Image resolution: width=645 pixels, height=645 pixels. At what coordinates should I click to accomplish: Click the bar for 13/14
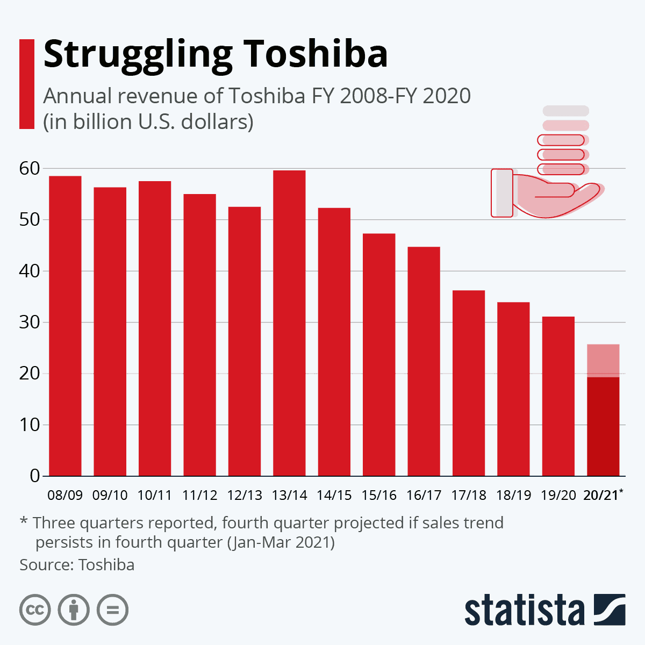click(x=289, y=323)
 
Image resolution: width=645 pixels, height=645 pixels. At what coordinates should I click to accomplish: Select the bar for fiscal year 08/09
click(x=65, y=326)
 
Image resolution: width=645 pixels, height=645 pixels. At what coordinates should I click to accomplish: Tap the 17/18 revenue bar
click(x=469, y=383)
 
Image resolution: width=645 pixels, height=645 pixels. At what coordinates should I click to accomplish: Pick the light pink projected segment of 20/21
click(x=603, y=360)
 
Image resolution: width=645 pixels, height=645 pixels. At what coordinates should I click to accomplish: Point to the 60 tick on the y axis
click(x=30, y=169)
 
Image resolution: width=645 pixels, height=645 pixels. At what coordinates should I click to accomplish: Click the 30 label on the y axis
click(x=30, y=322)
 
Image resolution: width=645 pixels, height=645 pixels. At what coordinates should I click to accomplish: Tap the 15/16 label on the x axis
click(x=379, y=495)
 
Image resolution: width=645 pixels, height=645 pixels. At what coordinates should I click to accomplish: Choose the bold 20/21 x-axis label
click(x=601, y=495)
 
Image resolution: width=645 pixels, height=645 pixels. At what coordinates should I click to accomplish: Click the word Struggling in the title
click(x=138, y=55)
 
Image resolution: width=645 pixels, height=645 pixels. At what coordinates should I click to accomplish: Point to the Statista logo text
click(x=524, y=611)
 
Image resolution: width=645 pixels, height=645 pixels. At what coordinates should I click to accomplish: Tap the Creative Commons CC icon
click(x=35, y=610)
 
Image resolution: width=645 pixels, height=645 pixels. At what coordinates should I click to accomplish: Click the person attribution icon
click(x=74, y=610)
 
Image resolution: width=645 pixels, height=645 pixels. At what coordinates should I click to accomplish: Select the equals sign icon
click(x=112, y=610)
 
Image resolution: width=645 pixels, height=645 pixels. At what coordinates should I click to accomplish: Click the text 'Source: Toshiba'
click(x=77, y=565)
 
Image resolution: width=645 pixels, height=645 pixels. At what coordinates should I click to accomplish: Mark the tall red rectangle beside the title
click(x=27, y=84)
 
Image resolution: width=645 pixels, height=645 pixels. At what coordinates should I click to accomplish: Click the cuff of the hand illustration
click(x=503, y=193)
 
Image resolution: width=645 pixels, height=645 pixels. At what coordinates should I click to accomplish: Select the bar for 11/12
click(x=199, y=335)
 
